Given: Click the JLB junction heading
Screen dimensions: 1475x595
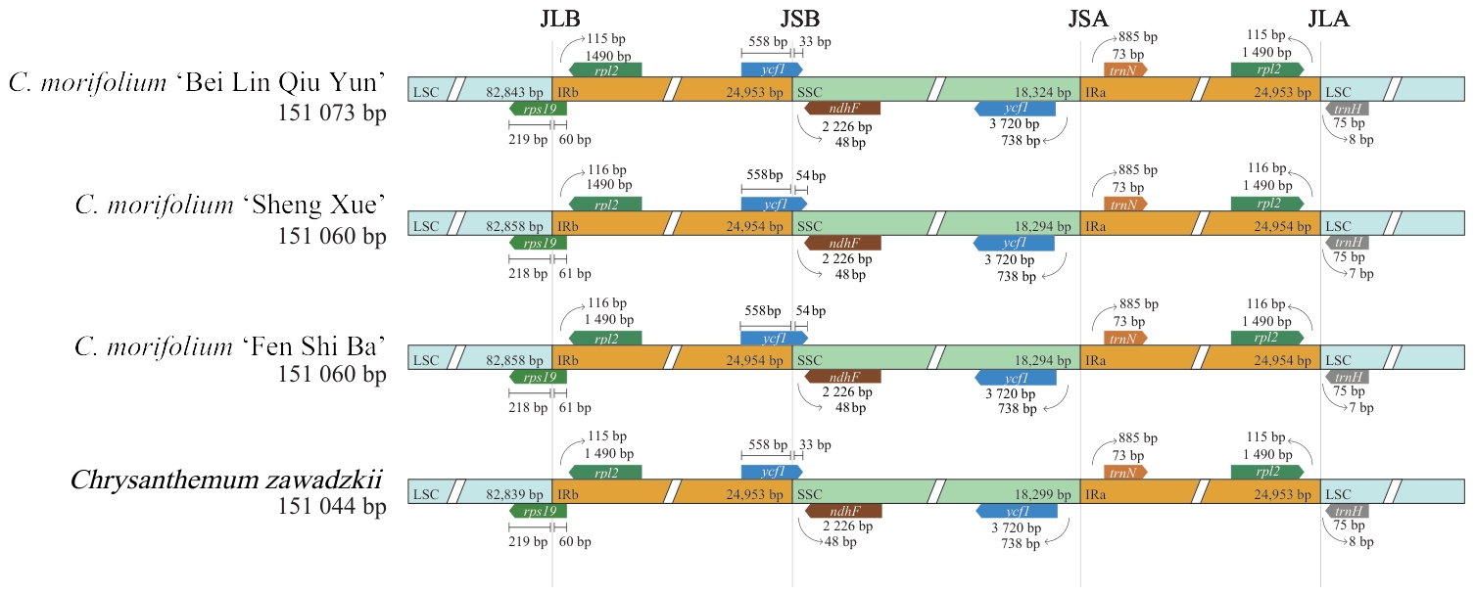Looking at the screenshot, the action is coord(559,19).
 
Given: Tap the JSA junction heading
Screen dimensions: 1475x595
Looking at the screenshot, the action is coord(1088,19).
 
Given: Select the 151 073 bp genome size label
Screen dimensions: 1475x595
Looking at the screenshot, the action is coord(331,113).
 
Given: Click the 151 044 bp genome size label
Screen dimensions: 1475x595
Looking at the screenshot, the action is coord(331,506).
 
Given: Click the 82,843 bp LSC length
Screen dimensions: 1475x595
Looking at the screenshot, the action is coord(514,92).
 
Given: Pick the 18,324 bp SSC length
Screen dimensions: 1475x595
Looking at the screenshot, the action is coord(1042,92).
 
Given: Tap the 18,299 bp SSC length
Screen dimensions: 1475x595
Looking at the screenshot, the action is coord(1042,494).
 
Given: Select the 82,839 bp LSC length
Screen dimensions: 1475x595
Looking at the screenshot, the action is coord(514,494).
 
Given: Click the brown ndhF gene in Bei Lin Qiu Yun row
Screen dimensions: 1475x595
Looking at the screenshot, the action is coord(843,108).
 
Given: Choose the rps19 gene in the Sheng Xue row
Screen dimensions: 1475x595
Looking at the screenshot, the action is coord(539,243).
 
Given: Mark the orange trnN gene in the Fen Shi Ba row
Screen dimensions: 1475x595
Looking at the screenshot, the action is coord(1125,339).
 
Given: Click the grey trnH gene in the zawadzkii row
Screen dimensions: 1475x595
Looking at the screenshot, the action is coord(1348,511).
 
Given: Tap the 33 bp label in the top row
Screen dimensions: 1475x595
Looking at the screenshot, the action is coord(815,41).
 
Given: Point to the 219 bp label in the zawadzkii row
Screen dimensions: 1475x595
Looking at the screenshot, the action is coord(528,541).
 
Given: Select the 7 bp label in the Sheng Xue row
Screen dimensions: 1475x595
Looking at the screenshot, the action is coord(1361,273).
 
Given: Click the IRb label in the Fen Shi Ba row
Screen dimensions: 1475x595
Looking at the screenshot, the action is coord(568,360).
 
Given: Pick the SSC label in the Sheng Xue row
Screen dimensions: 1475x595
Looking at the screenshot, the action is coord(809,226).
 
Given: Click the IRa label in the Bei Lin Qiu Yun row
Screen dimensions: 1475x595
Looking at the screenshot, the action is coord(1095,92).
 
